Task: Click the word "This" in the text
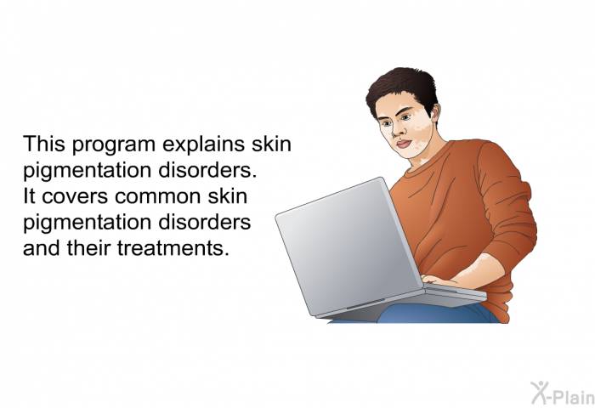point(44,144)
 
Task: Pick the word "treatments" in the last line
point(173,248)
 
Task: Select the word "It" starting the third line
point(29,196)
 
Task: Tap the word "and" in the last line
point(42,248)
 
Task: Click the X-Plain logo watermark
point(562,394)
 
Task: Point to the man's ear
point(435,112)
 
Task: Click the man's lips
point(404,144)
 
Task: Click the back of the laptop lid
point(348,246)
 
